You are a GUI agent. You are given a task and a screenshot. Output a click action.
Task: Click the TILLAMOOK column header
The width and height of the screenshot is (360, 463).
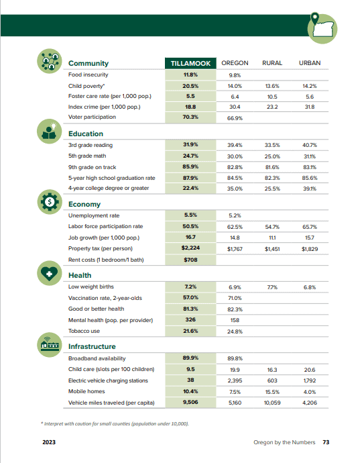coord(190,63)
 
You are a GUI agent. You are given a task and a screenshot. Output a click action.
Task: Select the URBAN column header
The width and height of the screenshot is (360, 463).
coord(310,63)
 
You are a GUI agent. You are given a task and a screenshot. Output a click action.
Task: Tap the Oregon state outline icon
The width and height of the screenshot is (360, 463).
coord(322,28)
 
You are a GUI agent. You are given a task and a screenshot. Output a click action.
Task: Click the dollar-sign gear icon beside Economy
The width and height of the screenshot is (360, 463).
coord(50,202)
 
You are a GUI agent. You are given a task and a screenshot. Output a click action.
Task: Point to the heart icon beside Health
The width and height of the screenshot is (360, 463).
coord(50,273)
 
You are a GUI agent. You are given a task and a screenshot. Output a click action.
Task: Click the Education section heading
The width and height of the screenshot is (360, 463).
coord(86,134)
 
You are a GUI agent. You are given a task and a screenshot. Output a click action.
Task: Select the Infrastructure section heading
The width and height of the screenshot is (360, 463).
coord(92,346)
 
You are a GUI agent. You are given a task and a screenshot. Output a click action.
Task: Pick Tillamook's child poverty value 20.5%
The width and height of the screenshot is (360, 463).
coord(190,86)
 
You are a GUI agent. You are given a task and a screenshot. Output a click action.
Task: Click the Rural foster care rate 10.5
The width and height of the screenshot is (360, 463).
coord(272,97)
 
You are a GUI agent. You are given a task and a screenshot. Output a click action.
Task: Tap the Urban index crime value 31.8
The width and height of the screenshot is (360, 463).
coord(310,107)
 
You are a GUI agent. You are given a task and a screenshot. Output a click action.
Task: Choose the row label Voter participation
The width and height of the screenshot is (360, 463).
coord(92,117)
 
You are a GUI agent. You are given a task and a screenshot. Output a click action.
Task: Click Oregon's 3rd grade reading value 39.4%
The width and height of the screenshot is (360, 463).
coord(235,145)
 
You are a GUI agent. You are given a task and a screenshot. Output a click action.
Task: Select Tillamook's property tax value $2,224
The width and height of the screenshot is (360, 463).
coord(190,248)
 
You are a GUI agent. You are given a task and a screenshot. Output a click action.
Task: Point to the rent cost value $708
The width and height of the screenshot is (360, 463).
coord(190,260)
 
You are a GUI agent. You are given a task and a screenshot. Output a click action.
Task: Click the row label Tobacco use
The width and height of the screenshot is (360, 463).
coord(84,331)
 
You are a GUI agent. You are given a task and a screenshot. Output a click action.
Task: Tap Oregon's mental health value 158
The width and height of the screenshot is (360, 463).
coord(235,320)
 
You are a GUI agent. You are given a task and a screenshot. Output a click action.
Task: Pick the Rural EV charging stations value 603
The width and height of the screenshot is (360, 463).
coord(272,380)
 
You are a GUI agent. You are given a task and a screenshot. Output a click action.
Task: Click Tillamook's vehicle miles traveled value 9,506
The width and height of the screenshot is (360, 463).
coord(190,402)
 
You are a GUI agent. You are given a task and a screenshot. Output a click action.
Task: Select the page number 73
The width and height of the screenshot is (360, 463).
coord(326,442)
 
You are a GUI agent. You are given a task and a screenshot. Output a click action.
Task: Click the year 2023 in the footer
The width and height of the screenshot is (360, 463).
coord(49,442)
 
